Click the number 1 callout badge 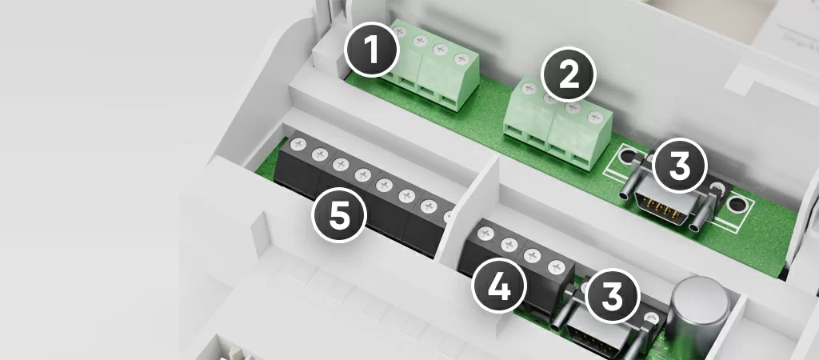click(x=371, y=50)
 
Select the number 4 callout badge click(x=498, y=286)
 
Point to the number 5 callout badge click(x=339, y=215)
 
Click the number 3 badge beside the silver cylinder click(x=613, y=296)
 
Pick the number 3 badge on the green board click(x=680, y=166)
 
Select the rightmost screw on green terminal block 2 click(x=594, y=117)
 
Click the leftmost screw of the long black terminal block click(x=298, y=144)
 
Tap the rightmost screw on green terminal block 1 click(x=461, y=58)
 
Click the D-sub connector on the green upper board click(x=671, y=198)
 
